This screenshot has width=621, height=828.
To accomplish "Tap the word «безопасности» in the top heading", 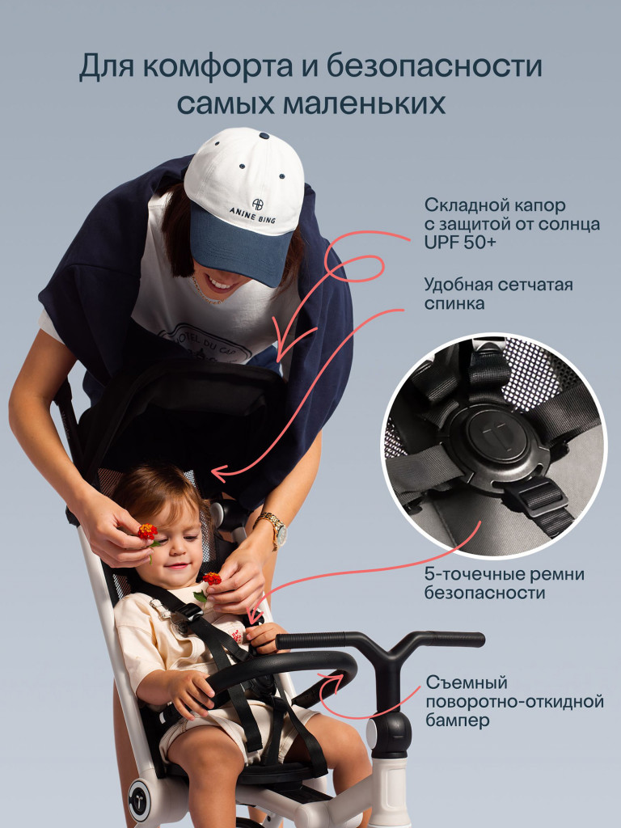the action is coord(434,66).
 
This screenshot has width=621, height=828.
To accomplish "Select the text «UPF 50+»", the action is coord(460,243).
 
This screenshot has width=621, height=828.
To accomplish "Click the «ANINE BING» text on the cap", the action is coord(253,213).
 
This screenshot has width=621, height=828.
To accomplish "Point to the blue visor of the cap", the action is coord(241,243).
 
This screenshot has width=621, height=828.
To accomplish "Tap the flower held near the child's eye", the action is coord(148,532).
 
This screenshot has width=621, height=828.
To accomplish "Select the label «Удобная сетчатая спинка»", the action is coord(498,294).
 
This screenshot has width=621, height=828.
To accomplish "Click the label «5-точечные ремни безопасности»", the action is coord(505,583).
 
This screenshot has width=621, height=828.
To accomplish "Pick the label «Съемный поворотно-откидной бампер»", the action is coord(514,702).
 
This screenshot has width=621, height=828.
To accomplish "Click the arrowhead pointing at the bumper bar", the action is coord(332,678).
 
